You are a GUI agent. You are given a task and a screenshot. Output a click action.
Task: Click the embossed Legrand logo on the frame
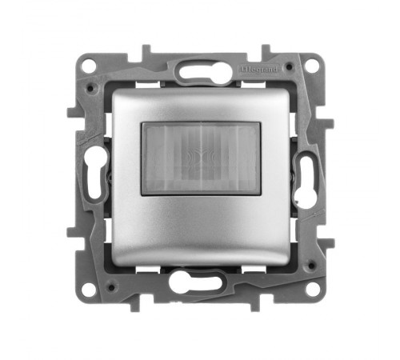(x=259, y=70)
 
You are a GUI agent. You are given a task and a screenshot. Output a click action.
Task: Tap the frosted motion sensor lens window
(x=201, y=158)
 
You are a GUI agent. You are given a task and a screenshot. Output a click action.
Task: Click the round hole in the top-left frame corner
(x=88, y=65)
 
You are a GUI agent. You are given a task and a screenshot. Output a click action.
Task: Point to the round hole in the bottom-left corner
(x=89, y=289)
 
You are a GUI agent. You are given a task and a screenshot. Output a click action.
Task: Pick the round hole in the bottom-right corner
(x=313, y=289)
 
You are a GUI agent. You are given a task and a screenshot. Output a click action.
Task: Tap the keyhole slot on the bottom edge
(x=196, y=282)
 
